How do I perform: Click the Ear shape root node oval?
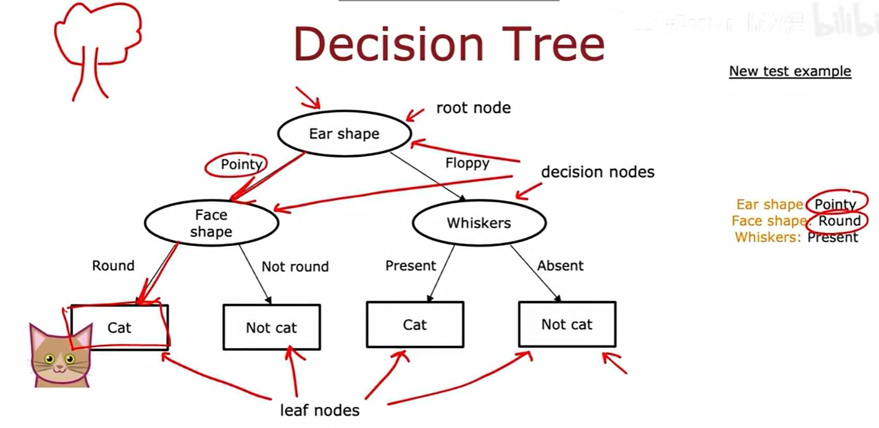[344, 134]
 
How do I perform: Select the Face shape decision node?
[211, 223]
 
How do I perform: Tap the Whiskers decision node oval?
[479, 223]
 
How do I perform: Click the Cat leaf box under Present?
[415, 324]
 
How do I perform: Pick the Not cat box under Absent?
[567, 324]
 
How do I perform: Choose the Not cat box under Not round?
[271, 328]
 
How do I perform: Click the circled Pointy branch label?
[241, 165]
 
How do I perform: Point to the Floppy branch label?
[467, 163]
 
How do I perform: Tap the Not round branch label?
[295, 267]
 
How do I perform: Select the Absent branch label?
[560, 265]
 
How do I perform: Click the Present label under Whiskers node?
[411, 265]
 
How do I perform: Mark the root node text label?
[473, 108]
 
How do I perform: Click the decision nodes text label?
[597, 172]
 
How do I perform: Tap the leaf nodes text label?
[319, 410]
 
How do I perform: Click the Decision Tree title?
[449, 45]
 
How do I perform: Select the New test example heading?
[790, 71]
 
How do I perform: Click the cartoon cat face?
[60, 357]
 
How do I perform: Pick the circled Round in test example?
[839, 221]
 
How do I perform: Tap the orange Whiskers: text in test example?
[767, 238]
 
